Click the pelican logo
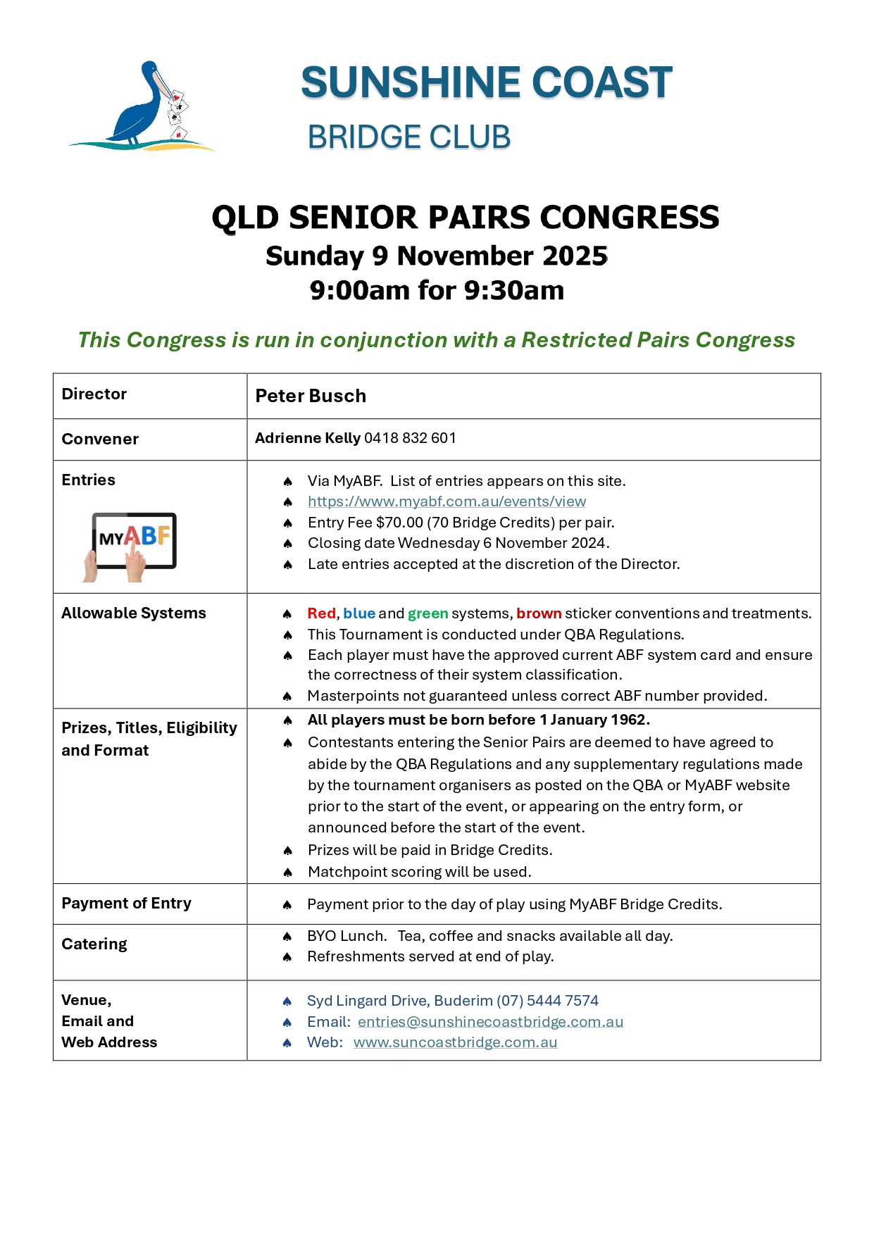point(144,106)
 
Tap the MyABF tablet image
point(133,544)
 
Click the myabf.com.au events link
point(447,501)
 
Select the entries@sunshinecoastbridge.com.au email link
point(490,1022)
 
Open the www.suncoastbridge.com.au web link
point(455,1042)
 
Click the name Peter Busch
point(311,396)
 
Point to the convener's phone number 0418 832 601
point(410,438)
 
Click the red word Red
point(321,613)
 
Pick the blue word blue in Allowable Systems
point(359,613)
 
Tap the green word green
point(427,613)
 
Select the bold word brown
point(539,613)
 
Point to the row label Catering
point(94,944)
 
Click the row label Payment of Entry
point(126,904)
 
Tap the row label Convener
point(100,439)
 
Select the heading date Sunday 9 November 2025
point(437,256)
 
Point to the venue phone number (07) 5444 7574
point(547,1001)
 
